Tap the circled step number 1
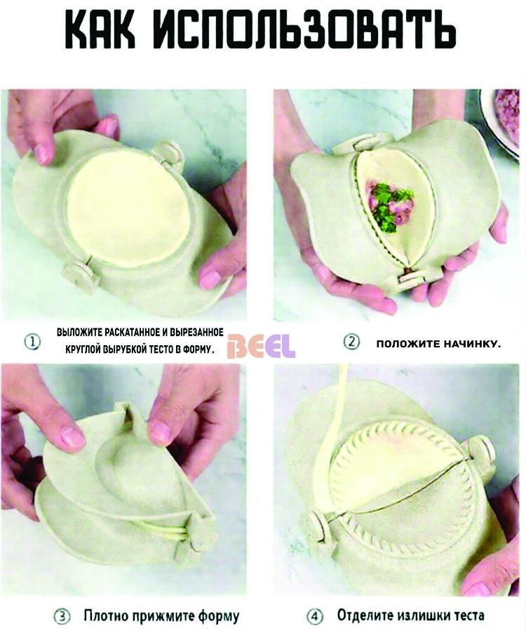[x=32, y=342]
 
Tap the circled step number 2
[x=351, y=342]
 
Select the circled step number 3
[x=62, y=616]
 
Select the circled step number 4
[x=315, y=616]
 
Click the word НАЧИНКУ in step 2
[x=472, y=344]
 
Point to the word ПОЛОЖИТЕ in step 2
[x=408, y=344]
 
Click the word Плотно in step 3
[x=105, y=616]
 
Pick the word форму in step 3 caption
[x=218, y=617]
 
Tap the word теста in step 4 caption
[x=466, y=616]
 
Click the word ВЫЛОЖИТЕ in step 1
[x=79, y=333]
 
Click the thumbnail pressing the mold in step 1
[x=41, y=154]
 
